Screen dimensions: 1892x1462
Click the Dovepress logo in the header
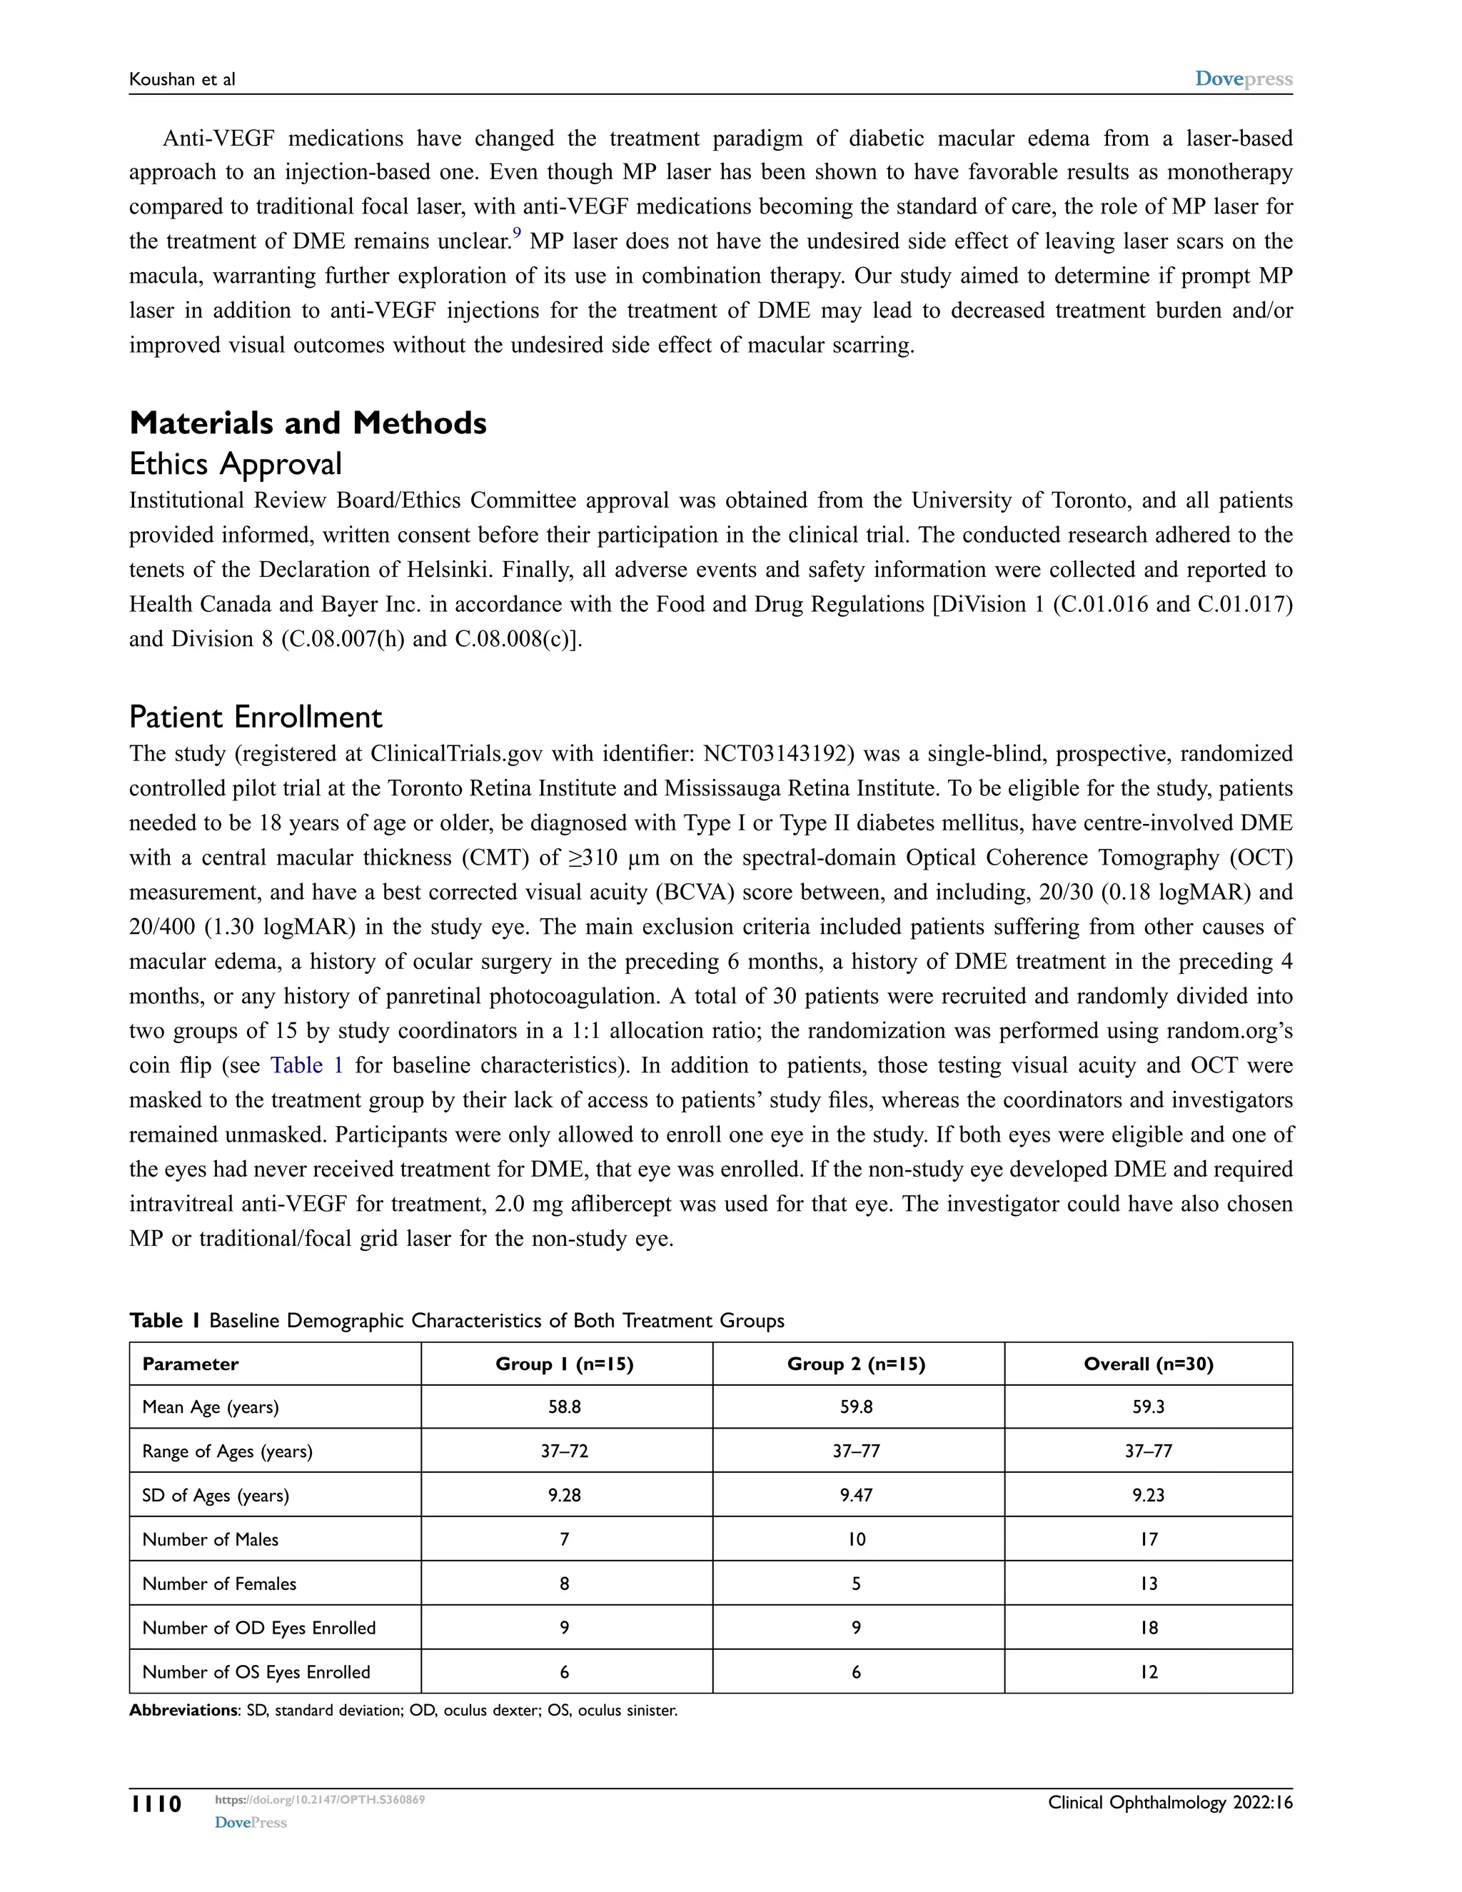(1243, 79)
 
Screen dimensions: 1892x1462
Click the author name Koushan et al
(182, 80)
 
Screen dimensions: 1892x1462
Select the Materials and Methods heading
(308, 423)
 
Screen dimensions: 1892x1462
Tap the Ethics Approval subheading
(236, 464)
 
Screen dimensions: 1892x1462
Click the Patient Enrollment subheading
(256, 718)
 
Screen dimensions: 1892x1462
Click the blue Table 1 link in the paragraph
(306, 1065)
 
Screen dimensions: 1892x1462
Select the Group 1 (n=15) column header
(564, 1364)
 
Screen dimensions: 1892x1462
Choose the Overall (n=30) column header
(1148, 1364)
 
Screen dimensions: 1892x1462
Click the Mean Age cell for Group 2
(856, 1407)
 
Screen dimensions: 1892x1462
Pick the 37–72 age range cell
(564, 1451)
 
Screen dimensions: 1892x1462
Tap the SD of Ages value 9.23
(1148, 1495)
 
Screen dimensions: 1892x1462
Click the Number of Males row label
(211, 1539)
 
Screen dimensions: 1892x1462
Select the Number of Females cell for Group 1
(564, 1584)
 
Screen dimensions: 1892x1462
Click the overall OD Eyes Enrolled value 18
(1148, 1628)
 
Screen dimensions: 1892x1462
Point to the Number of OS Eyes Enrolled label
(256, 1672)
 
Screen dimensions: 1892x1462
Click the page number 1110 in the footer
(156, 1804)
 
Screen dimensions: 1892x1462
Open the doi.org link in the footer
(320, 1800)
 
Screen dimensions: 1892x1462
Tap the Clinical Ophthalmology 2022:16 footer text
(1169, 1803)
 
